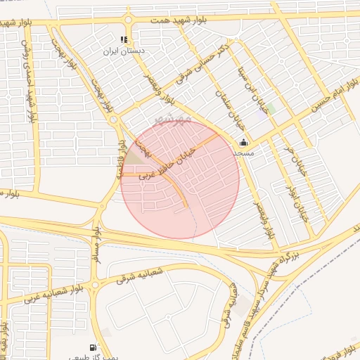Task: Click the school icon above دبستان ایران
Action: click(x=124, y=39)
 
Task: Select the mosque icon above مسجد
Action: click(x=243, y=143)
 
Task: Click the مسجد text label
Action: click(x=243, y=153)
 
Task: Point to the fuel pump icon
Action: click(x=94, y=347)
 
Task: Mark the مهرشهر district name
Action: click(x=173, y=117)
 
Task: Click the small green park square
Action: click(x=271, y=107)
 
